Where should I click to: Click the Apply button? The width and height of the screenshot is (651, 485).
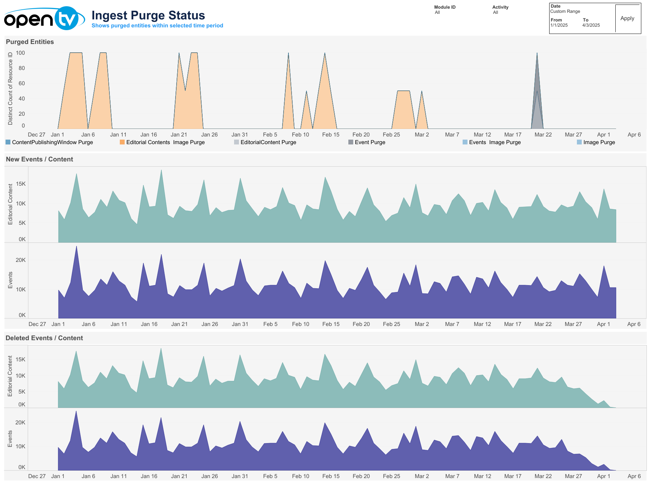[x=627, y=18]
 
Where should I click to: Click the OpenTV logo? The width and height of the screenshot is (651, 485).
[x=44, y=19]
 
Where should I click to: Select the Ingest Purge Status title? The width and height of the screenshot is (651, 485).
[x=148, y=15]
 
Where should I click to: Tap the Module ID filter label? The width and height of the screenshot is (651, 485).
[x=445, y=7]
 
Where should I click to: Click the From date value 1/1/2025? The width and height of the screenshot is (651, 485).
[x=559, y=25]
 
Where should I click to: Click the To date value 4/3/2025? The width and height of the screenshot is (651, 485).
[x=591, y=25]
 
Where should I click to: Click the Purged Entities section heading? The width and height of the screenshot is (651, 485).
[x=30, y=42]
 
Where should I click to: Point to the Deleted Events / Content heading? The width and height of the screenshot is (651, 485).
[x=44, y=338]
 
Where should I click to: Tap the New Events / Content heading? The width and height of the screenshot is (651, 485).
[x=39, y=159]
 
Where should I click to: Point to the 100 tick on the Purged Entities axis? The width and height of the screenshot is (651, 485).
[x=20, y=53]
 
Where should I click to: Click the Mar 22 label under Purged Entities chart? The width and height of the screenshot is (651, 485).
[x=543, y=135]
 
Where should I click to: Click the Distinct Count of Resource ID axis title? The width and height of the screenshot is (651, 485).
[x=10, y=88]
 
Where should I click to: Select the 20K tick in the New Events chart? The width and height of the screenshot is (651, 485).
[x=21, y=260]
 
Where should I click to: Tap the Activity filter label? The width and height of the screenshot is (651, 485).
[x=500, y=7]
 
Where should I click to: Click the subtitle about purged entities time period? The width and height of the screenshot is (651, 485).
[x=157, y=26]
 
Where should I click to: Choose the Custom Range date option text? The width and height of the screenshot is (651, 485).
[x=565, y=11]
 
